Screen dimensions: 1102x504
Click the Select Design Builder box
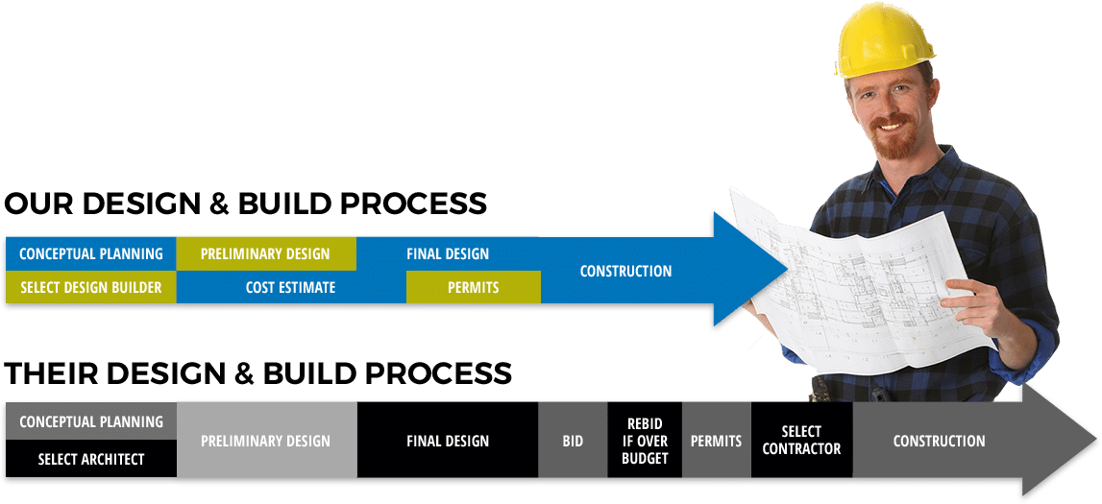(x=90, y=287)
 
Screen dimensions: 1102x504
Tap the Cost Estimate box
(x=291, y=287)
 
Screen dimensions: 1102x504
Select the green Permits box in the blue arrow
(x=474, y=287)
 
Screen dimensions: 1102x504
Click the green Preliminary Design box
(x=266, y=254)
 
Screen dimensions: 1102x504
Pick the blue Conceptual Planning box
(x=90, y=254)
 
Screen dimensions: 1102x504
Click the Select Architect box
(x=90, y=459)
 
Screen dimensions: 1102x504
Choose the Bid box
(x=573, y=441)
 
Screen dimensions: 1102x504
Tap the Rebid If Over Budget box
(x=645, y=441)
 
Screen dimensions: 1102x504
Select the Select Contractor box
(x=802, y=441)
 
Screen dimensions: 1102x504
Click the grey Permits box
(x=717, y=441)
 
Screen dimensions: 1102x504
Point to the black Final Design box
(x=448, y=441)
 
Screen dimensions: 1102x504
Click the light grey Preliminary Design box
(x=267, y=441)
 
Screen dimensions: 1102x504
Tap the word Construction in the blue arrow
(x=625, y=271)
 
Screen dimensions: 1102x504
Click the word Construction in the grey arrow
(x=939, y=441)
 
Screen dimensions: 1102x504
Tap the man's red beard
(x=896, y=140)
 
